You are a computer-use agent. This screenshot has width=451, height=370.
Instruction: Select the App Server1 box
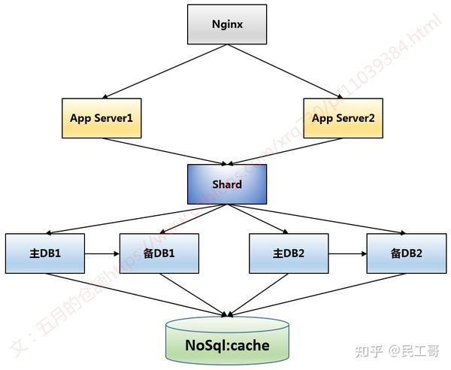pyautogui.click(x=101, y=118)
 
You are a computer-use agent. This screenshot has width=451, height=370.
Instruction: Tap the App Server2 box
pyautogui.click(x=344, y=118)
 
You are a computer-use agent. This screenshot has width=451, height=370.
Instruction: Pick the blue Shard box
pyautogui.click(x=226, y=183)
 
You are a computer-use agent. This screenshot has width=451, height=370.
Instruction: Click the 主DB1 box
pyautogui.click(x=44, y=253)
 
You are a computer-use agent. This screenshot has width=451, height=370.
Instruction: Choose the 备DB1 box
pyautogui.click(x=159, y=253)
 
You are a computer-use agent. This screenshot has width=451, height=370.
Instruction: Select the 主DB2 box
pyautogui.click(x=289, y=253)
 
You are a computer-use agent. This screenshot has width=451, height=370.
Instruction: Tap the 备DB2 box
pyautogui.click(x=405, y=253)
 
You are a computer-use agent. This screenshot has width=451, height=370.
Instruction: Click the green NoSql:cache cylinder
pyautogui.click(x=226, y=345)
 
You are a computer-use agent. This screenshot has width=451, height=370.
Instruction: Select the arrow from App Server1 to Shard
pyautogui.click(x=165, y=150)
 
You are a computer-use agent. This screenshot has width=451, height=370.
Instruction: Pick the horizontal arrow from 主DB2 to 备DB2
pyautogui.click(x=347, y=253)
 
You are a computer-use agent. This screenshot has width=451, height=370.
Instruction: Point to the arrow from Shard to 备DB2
pyautogui.click(x=316, y=219)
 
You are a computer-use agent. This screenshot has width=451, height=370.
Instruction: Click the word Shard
pyautogui.click(x=226, y=184)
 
